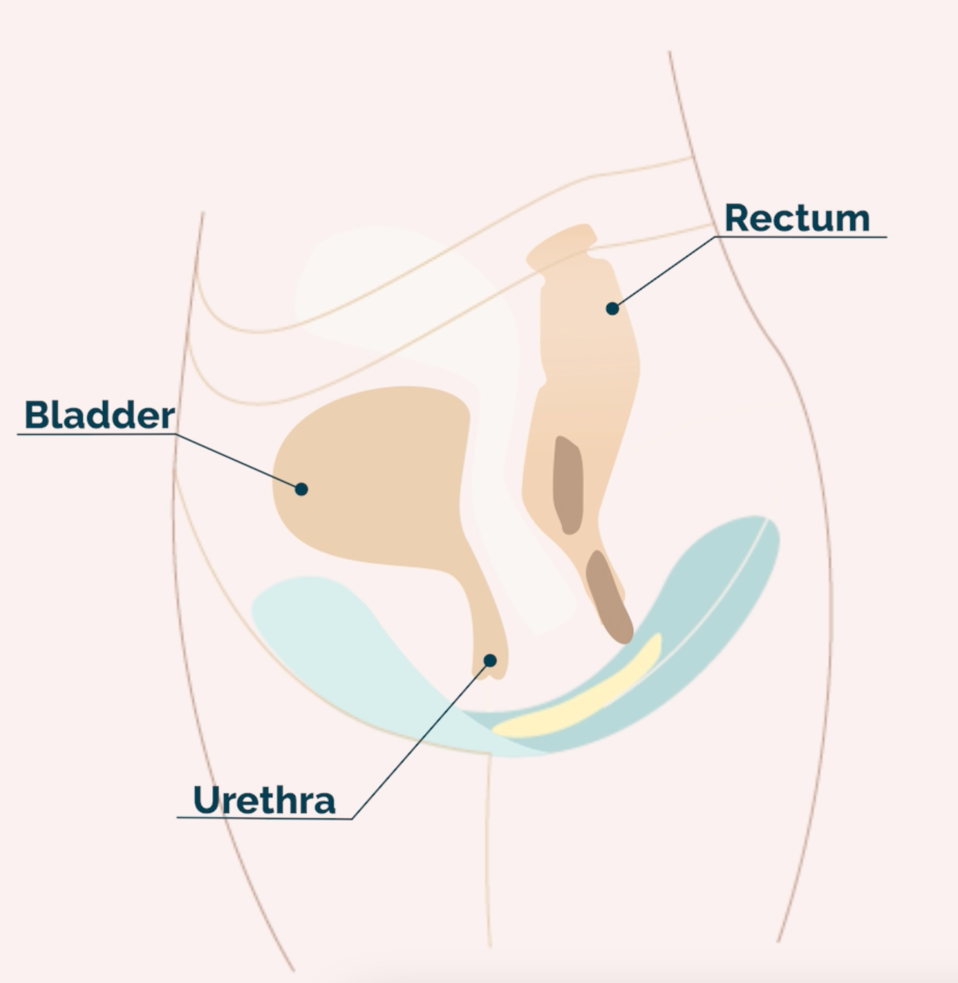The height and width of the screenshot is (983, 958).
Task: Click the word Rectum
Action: (796, 218)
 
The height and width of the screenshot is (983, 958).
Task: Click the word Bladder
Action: (100, 415)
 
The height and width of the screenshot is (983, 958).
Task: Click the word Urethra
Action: (264, 800)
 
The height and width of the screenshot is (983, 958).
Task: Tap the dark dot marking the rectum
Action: (612, 308)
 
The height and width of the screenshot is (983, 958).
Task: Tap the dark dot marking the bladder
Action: (301, 489)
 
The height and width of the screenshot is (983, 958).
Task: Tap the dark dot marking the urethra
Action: (490, 660)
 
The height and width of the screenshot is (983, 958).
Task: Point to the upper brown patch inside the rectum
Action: (568, 485)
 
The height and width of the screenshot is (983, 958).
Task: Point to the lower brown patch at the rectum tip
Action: (608, 596)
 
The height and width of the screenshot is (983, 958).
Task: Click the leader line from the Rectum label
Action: (664, 272)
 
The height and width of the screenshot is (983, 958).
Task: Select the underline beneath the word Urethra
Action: (263, 818)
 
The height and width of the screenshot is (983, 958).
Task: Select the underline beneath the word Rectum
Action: (802, 237)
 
